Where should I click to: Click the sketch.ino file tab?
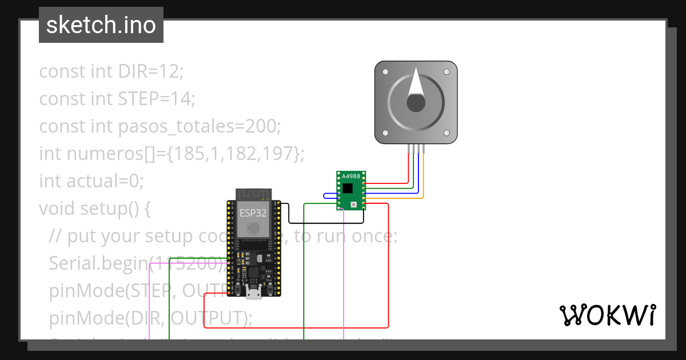pyautogui.click(x=101, y=25)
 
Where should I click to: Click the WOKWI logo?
pyautogui.click(x=607, y=315)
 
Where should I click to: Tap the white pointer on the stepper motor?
pyautogui.click(x=416, y=82)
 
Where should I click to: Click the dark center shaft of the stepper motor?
pyautogui.click(x=416, y=103)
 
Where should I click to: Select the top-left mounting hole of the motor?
pyautogui.click(x=385, y=73)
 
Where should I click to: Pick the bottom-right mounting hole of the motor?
pyautogui.click(x=446, y=133)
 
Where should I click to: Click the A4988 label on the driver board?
pyautogui.click(x=352, y=177)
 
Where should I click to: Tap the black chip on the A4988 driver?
pyautogui.click(x=348, y=187)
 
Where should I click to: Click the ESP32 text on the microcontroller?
pyautogui.click(x=253, y=212)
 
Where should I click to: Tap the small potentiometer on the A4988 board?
pyautogui.click(x=354, y=204)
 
